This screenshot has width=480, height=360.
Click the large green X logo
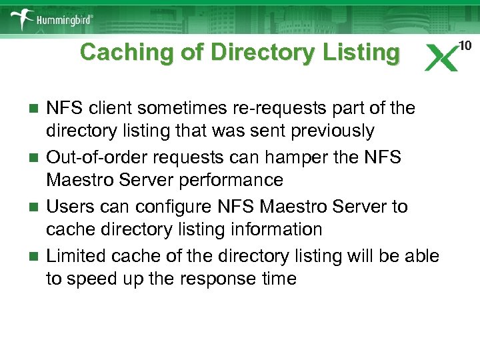coord(442,57)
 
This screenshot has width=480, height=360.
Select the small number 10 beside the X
coord(465,45)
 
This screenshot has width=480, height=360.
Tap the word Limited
coord(79,256)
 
